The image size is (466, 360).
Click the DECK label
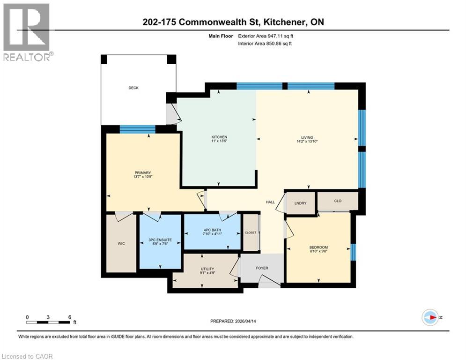click(x=134, y=88)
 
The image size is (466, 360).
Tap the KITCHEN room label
click(x=219, y=137)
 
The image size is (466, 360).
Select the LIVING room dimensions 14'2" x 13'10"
click(x=307, y=142)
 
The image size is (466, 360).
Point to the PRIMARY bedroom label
click(x=143, y=173)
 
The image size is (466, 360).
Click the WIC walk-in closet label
click(x=120, y=244)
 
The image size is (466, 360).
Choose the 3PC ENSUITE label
click(x=160, y=240)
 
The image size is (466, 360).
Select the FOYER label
click(x=262, y=268)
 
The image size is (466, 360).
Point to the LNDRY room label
click(x=300, y=203)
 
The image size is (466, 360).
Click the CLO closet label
click(x=338, y=201)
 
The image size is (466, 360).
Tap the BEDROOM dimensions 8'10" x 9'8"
click(x=318, y=252)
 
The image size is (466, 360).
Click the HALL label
click(x=270, y=202)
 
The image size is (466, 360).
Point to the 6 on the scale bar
click(x=69, y=317)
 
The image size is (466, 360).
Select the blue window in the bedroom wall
click(x=354, y=252)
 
